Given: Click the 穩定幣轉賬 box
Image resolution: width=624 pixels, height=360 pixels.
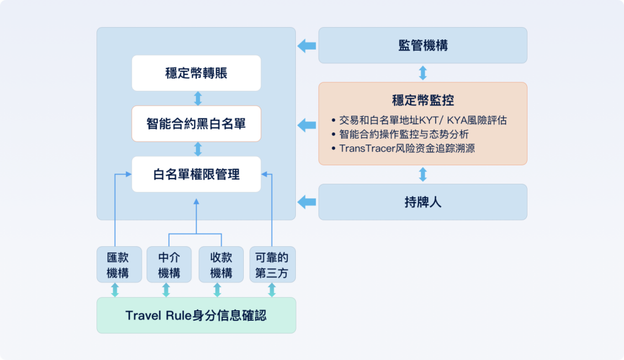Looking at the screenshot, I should pyautogui.click(x=196, y=73).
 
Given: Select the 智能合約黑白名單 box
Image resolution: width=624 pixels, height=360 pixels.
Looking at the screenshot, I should pyautogui.click(x=196, y=124).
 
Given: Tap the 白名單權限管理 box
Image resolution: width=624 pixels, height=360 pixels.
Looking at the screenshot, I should pyautogui.click(x=196, y=174).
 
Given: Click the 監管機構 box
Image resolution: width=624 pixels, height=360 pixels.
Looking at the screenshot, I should pyautogui.click(x=422, y=45).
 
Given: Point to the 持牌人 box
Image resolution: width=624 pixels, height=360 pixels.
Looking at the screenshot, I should pyautogui.click(x=422, y=202).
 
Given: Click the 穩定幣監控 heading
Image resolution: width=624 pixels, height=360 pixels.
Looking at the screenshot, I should pyautogui.click(x=422, y=100).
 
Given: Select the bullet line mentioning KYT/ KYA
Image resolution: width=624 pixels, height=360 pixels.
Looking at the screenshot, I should pyautogui.click(x=424, y=121).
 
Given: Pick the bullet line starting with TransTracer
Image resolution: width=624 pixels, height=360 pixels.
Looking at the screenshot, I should pyautogui.click(x=408, y=149).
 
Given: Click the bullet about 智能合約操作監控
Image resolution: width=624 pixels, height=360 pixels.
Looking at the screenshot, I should pyautogui.click(x=404, y=135).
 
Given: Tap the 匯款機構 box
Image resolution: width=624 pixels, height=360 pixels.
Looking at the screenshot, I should pyautogui.click(x=119, y=265).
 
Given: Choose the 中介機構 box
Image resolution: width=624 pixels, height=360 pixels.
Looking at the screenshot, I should pyautogui.click(x=169, y=265).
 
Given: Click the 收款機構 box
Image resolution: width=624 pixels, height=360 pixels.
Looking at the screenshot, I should pyautogui.click(x=221, y=265).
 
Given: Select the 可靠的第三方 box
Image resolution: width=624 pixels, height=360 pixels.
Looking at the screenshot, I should pyautogui.click(x=272, y=265).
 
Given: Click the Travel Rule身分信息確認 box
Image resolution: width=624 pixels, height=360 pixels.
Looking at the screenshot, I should pyautogui.click(x=196, y=316).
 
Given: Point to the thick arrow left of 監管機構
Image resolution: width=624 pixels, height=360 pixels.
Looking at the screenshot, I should pyautogui.click(x=307, y=46).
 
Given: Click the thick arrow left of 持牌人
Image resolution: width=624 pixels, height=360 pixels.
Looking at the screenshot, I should pyautogui.click(x=307, y=202).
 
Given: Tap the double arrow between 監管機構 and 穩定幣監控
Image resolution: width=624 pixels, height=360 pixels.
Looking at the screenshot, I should pyautogui.click(x=422, y=73).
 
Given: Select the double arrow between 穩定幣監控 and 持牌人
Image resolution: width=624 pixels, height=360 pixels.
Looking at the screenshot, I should pyautogui.click(x=422, y=175).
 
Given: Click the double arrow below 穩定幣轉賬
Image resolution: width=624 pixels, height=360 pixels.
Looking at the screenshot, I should pyautogui.click(x=198, y=98).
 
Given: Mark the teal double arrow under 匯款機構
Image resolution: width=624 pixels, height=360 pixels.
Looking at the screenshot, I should pyautogui.click(x=115, y=290).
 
